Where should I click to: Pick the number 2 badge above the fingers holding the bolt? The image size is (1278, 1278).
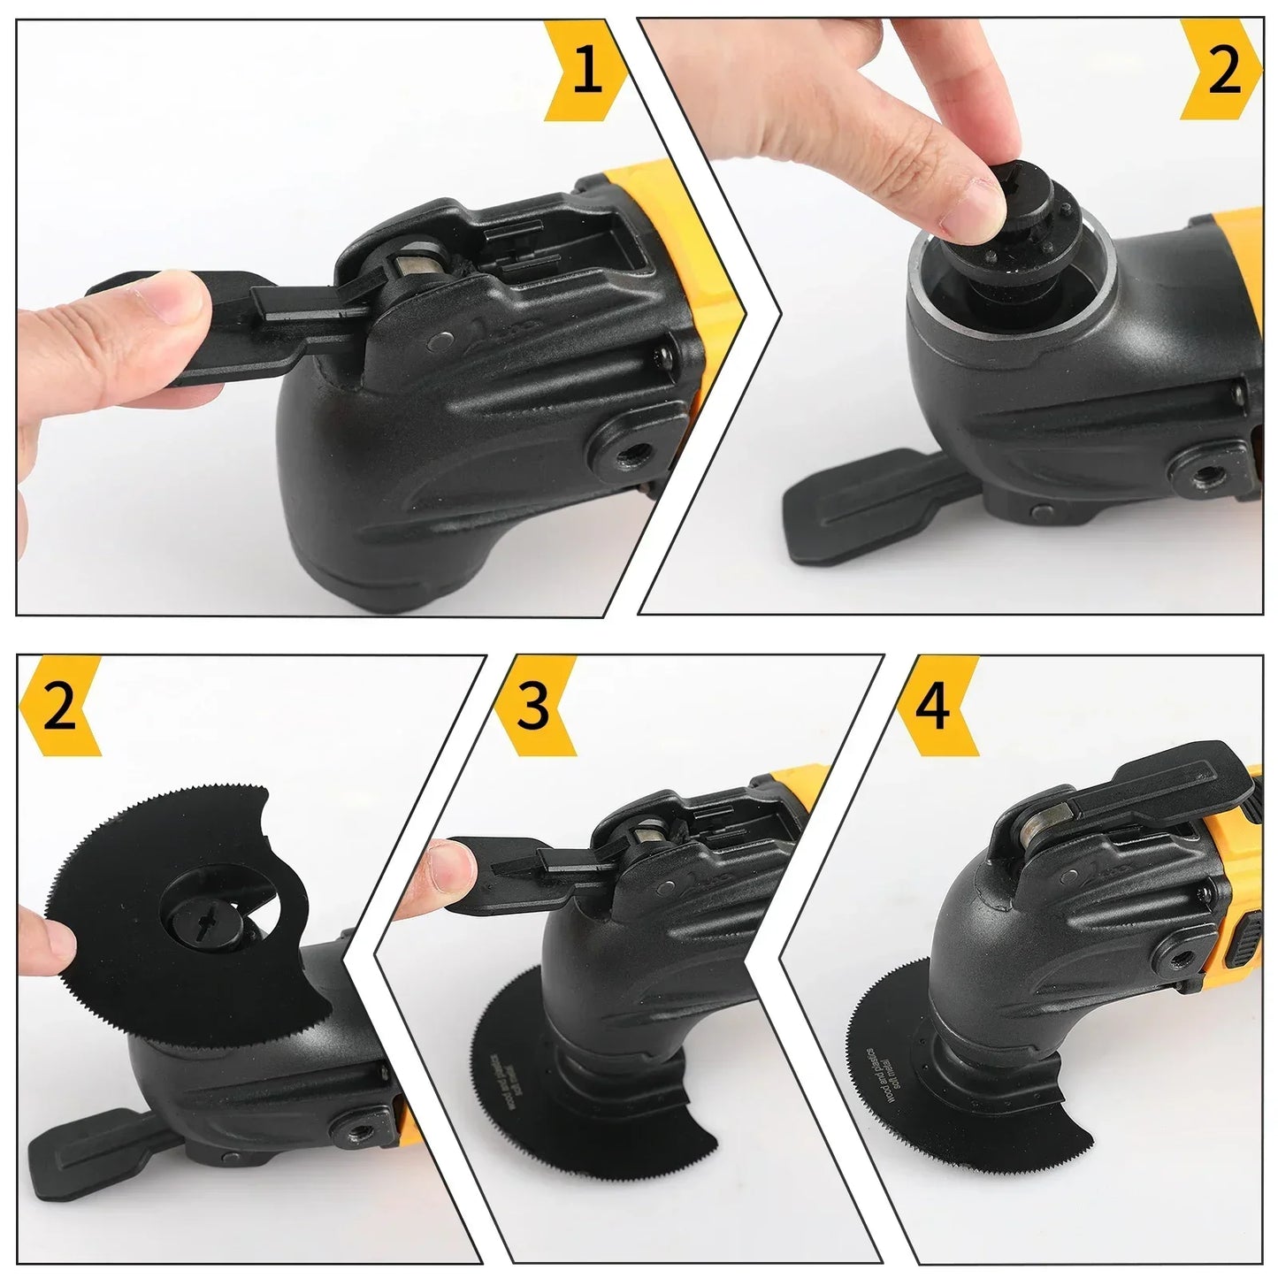pyautogui.click(x=1225, y=71)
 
